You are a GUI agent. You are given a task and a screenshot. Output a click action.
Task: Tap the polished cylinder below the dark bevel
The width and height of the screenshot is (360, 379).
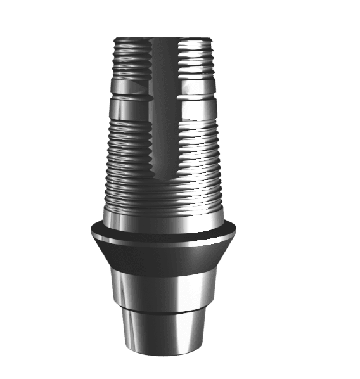point(163,288)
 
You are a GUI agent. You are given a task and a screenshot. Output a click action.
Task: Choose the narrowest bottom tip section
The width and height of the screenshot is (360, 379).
point(163,333)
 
